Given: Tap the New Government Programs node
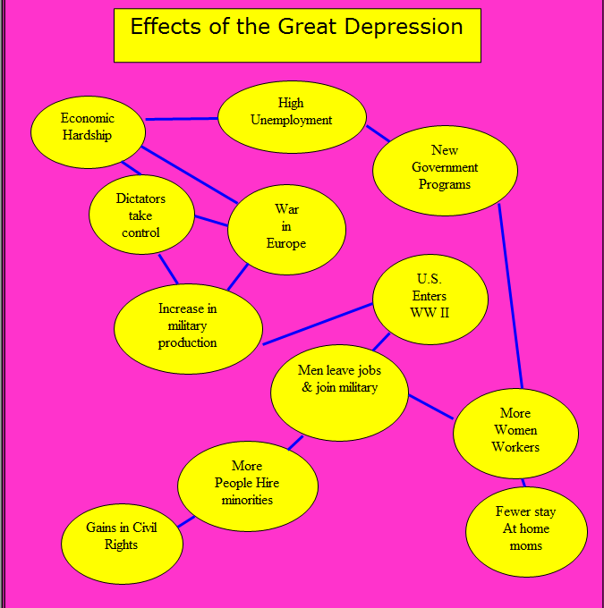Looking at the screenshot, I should click(x=445, y=168).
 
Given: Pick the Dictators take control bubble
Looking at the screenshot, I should click(x=141, y=215).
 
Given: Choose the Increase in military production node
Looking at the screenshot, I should click(x=188, y=326).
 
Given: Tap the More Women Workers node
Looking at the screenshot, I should click(x=515, y=431).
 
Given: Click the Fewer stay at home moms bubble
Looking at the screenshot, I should click(x=526, y=529).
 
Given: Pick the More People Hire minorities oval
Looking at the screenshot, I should click(x=247, y=484).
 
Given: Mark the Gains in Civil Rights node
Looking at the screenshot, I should click(x=122, y=538).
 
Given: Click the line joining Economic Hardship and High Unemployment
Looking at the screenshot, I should click(x=182, y=118).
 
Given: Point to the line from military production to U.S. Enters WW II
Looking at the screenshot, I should click(x=318, y=324).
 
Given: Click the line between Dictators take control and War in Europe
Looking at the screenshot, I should click(x=211, y=220).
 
